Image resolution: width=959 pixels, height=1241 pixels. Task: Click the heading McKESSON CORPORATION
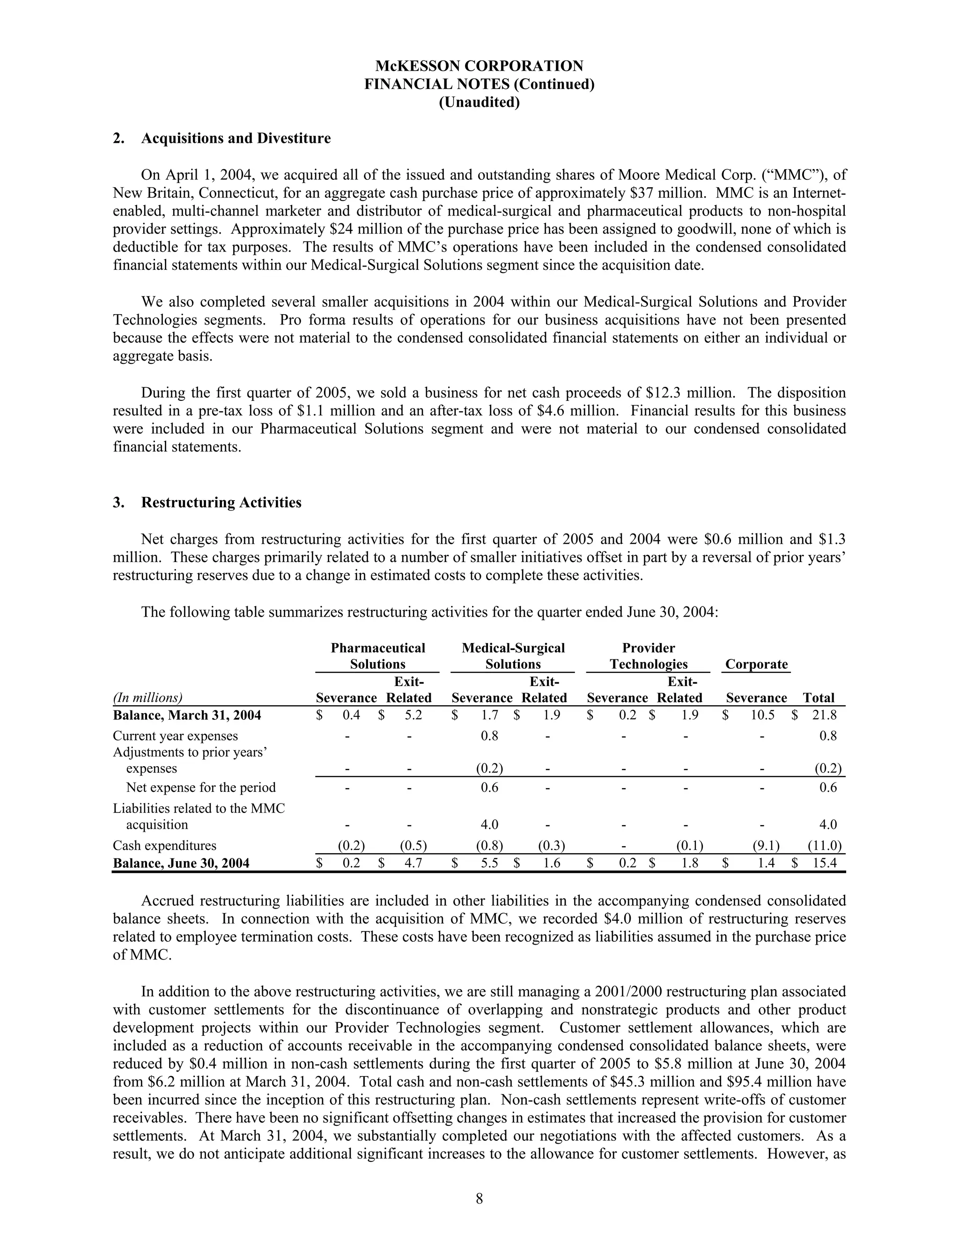479,66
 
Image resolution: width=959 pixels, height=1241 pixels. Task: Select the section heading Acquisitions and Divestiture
235,139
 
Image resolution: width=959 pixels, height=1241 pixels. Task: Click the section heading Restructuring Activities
221,502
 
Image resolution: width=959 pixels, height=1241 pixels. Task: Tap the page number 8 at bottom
479,1198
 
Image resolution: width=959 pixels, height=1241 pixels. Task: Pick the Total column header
818,698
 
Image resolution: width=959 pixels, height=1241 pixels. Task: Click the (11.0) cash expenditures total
824,845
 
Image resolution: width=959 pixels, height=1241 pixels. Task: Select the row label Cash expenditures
164,845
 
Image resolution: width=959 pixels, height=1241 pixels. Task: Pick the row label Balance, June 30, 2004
181,863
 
